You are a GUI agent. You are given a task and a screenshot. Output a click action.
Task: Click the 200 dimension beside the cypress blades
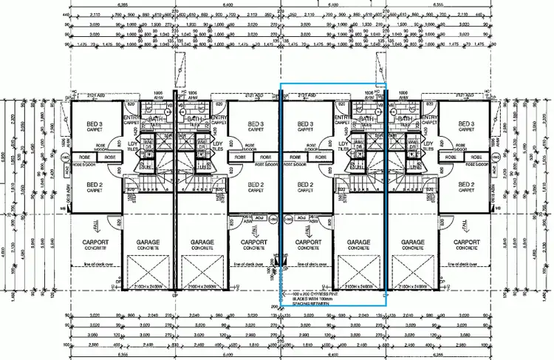click(x=274, y=306)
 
